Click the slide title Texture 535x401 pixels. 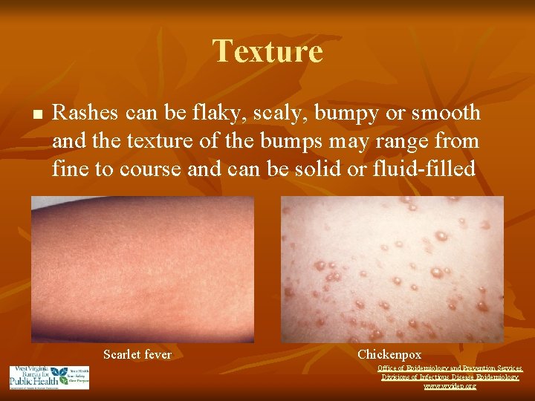[267, 51]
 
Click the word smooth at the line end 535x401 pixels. [444, 113]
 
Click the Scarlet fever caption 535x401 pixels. [137, 355]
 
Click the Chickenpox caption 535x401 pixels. [389, 355]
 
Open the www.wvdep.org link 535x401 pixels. [450, 386]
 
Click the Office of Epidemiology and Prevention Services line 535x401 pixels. [450, 368]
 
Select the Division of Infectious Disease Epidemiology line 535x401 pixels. [450, 377]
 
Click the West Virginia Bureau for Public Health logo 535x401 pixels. [49, 377]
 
